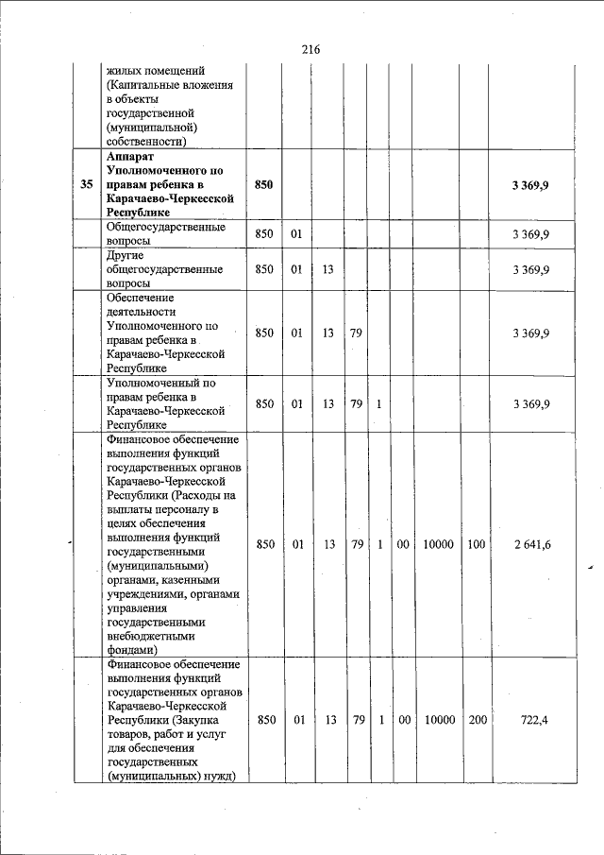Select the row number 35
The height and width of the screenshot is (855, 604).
pyautogui.click(x=87, y=185)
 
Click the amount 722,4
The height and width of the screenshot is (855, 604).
pyautogui.click(x=534, y=720)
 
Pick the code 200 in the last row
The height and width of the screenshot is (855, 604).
pyautogui.click(x=477, y=720)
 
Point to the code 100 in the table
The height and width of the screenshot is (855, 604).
pyautogui.click(x=477, y=544)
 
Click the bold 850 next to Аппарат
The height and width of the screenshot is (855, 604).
pyautogui.click(x=264, y=185)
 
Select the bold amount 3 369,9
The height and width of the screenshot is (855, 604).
pyautogui.click(x=530, y=185)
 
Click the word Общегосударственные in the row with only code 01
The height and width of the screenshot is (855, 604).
pyautogui.click(x=164, y=228)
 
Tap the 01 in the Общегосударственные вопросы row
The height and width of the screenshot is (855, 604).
pyautogui.click(x=296, y=233)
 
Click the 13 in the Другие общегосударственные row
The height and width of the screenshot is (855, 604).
pyautogui.click(x=328, y=270)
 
